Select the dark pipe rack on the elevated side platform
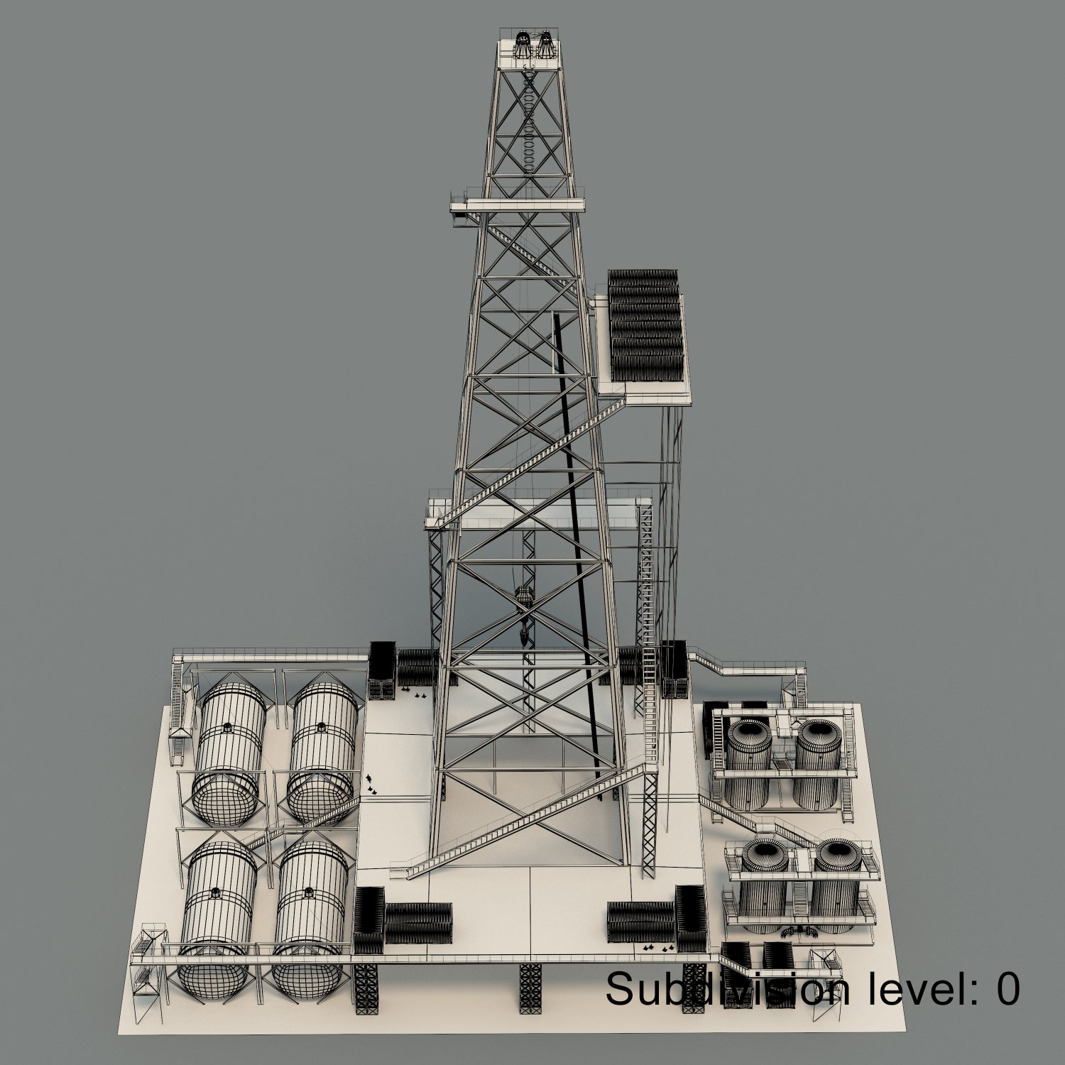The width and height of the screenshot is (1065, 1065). click(645, 326)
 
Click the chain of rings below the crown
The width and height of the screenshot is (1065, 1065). click(529, 121)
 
